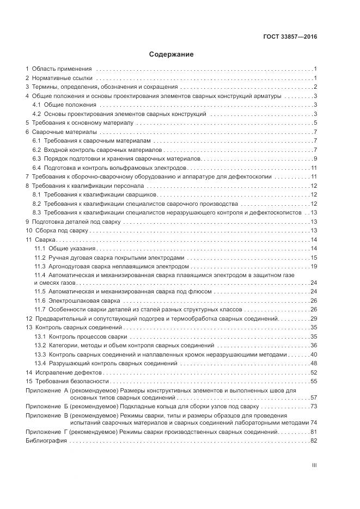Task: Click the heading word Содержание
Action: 172,54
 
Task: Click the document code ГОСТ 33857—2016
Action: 290,37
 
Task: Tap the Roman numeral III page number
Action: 314,465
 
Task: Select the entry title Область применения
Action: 62,69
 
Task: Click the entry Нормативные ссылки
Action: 62,78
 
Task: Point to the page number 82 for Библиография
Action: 314,440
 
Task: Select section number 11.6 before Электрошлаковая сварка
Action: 40,301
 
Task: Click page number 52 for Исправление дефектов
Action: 314,372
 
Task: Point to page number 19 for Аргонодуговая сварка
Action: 314,266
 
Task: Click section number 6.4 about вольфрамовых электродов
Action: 37,168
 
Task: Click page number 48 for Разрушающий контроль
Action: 314,363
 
